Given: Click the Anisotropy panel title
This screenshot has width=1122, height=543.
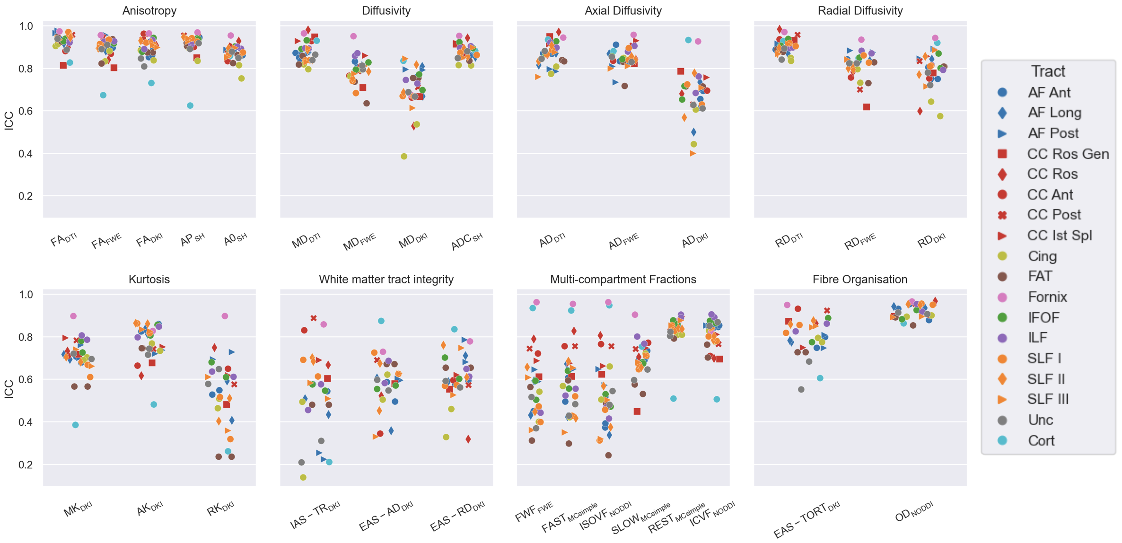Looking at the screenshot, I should (149, 11).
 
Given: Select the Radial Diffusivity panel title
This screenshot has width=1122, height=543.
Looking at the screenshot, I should (860, 11).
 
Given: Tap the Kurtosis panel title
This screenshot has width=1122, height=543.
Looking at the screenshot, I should (149, 280).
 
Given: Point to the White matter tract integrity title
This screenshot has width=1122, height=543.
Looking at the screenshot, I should (386, 280).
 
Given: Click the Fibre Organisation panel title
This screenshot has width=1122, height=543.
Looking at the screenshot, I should (859, 280).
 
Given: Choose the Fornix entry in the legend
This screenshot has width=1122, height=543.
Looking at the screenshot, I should (1047, 297).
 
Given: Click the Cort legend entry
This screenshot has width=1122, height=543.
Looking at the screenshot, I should (1041, 441).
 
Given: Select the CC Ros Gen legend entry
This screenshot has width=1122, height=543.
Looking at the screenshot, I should (1068, 154).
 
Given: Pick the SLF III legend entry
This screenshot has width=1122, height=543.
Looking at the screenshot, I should (1048, 400).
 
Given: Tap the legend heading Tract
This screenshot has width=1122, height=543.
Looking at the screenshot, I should (1048, 71).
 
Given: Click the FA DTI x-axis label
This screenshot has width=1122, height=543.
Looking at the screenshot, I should (63, 239).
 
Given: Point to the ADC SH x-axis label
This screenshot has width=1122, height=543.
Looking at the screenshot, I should (466, 241).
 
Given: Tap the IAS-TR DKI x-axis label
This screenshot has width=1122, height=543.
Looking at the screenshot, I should (315, 515).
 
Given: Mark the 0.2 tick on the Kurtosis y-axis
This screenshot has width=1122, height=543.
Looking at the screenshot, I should (26, 465).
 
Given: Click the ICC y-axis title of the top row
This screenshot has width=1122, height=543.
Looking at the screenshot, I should (9, 121).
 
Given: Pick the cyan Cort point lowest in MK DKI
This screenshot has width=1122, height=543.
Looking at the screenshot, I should (75, 425).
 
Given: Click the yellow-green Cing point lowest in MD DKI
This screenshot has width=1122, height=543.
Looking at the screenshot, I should (404, 157).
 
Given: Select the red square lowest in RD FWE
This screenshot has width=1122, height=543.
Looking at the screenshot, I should (867, 107).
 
